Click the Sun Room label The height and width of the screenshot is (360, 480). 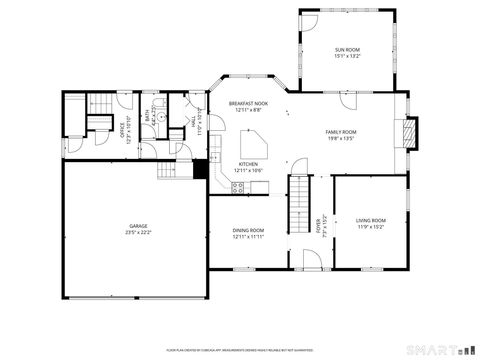coord(347,49)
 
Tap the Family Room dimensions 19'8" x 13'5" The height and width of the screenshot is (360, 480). coord(341,139)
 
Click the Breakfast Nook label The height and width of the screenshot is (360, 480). coord(248,104)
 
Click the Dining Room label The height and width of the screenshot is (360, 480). coord(248,230)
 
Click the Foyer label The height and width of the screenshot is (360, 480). coord(319,226)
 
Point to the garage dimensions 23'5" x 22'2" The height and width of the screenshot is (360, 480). coord(138,233)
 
